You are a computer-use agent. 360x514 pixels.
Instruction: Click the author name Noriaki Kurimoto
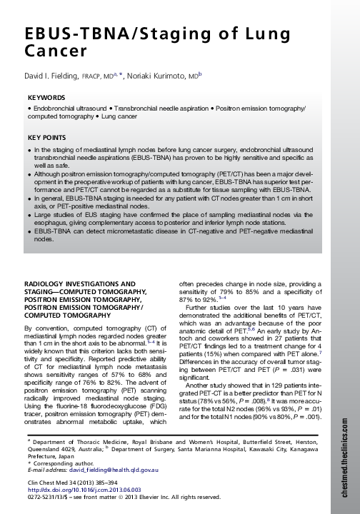click(x=165, y=74)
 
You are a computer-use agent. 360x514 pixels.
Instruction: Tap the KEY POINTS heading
click(x=47, y=136)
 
